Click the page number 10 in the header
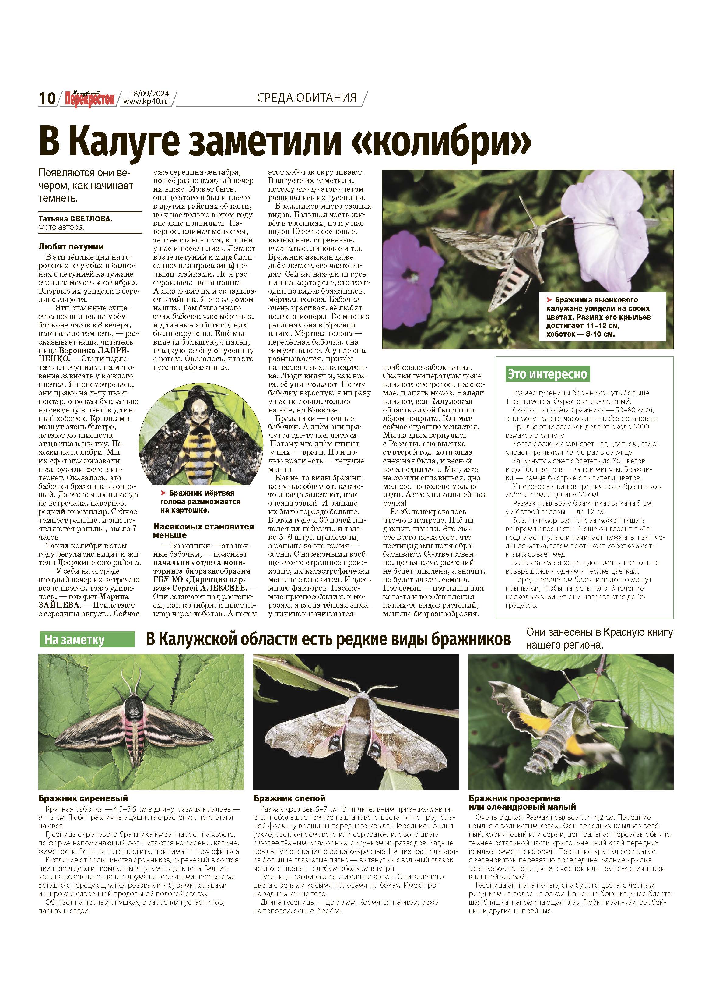pyautogui.click(x=47, y=98)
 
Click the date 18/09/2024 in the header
pyautogui.click(x=149, y=94)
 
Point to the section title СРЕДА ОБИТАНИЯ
pyautogui.click(x=306, y=97)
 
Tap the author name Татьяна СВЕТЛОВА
pyautogui.click(x=75, y=219)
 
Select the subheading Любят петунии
pyautogui.click(x=71, y=247)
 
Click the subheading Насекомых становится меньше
pyautogui.click(x=204, y=531)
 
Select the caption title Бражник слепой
pyautogui.click(x=289, y=798)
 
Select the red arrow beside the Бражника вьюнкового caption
pyautogui.click(x=549, y=300)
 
